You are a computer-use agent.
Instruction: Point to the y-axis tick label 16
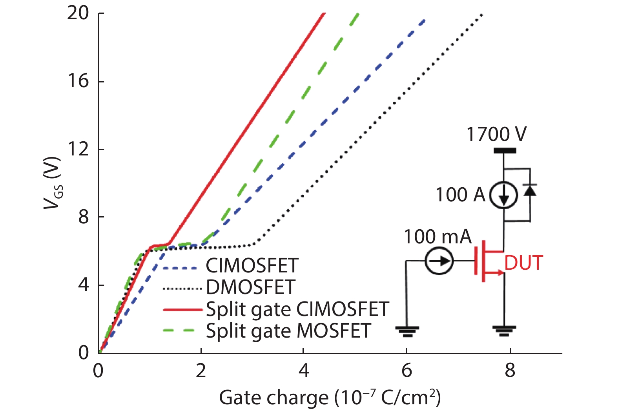(x=78, y=81)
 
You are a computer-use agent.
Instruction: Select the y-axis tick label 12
(x=78, y=149)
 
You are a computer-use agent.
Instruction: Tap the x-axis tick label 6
(x=407, y=371)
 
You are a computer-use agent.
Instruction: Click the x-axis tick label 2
(x=201, y=371)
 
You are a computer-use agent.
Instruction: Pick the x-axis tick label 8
(x=510, y=371)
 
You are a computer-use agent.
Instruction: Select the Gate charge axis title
(x=330, y=398)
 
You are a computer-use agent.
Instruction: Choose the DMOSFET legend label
(x=251, y=287)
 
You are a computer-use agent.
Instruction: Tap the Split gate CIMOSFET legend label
(x=297, y=309)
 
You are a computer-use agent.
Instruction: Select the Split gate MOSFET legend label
(x=288, y=331)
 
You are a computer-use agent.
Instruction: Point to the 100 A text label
(x=461, y=195)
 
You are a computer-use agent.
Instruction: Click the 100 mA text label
(x=438, y=237)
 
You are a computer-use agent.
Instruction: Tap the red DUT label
(x=524, y=263)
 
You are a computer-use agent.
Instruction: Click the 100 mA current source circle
(x=439, y=261)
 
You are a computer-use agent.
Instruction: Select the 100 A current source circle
(x=504, y=195)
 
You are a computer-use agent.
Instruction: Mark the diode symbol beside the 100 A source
(x=530, y=190)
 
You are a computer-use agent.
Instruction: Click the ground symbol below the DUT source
(x=504, y=331)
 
